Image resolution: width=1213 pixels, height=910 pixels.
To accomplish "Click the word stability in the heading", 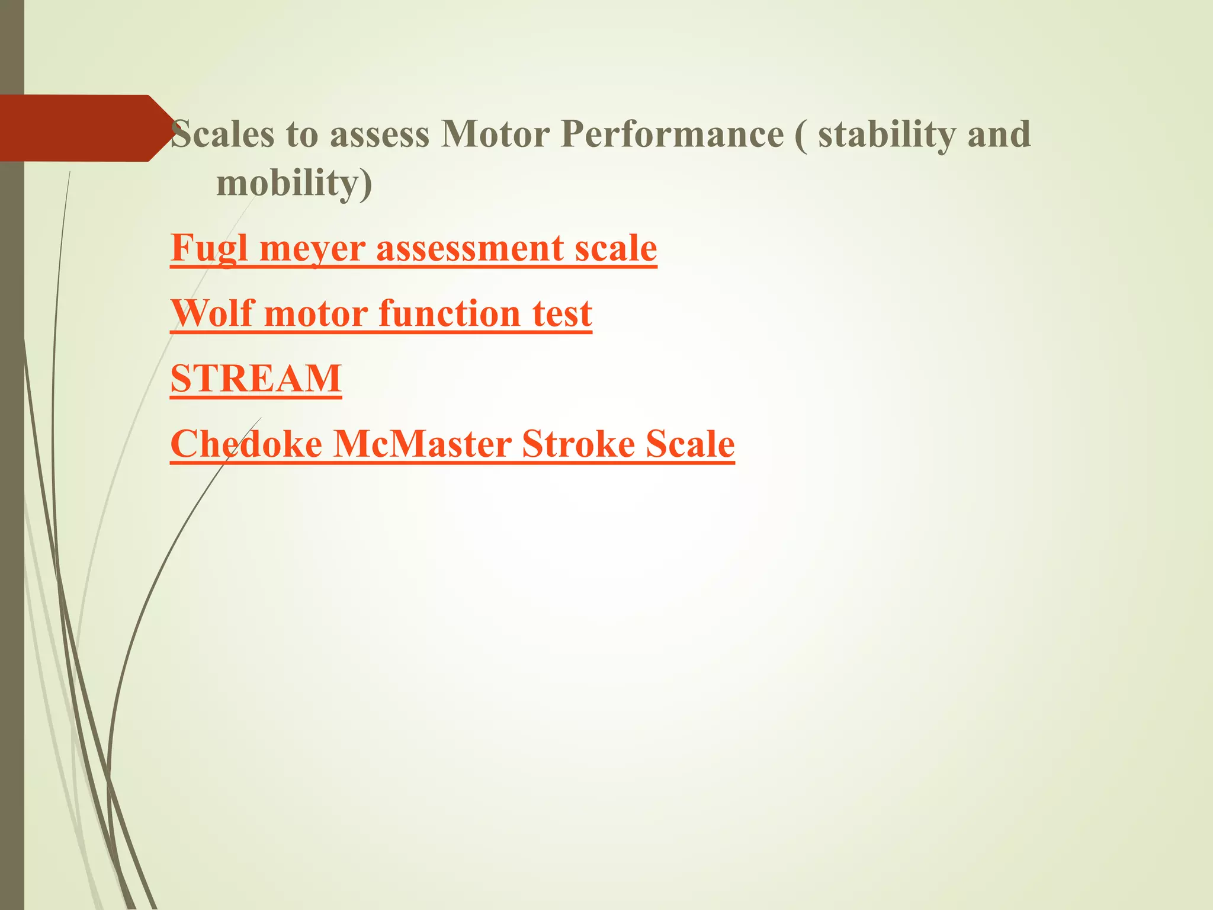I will [887, 134].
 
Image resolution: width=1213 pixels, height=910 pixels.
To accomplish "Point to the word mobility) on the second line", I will [294, 183].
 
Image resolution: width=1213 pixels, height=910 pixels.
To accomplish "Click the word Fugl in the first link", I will [208, 248].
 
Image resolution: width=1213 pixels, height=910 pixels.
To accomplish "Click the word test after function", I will [562, 313].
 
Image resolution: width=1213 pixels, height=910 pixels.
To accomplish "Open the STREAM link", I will [256, 379].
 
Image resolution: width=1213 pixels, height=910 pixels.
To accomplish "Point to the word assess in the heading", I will [379, 134].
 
